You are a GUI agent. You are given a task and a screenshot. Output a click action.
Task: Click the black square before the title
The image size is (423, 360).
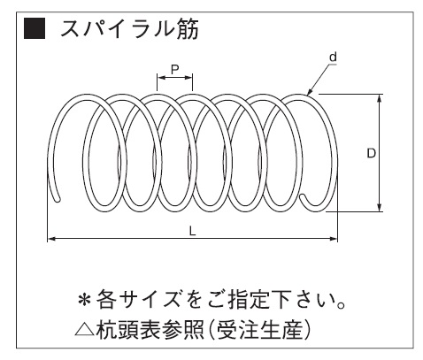pos(35,28)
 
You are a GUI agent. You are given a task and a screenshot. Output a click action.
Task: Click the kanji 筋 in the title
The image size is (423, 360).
pos(188,29)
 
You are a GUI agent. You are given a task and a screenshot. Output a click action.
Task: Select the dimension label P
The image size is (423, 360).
pos(175,69)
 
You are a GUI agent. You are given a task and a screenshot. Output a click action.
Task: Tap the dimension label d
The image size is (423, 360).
pos(333,57)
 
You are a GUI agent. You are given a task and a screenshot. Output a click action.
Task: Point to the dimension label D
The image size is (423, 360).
pos(371,153)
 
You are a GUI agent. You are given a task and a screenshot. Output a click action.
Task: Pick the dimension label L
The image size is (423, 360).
pos(192,231)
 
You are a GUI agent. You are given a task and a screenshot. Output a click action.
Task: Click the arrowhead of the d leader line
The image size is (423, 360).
pos(309,93)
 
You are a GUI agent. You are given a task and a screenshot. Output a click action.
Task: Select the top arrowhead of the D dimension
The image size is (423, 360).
pos(380,98)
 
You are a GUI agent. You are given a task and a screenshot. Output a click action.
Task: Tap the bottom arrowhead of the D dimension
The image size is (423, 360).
pos(380,208)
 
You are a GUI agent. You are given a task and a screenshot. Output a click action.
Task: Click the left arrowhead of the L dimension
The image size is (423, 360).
pos(51,239)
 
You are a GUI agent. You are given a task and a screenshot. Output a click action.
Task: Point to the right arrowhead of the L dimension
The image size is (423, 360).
pos(333,239)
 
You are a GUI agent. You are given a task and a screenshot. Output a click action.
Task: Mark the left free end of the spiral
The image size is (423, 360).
pos(58,200)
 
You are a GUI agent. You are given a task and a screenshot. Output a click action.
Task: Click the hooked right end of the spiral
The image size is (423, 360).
pos(302,197)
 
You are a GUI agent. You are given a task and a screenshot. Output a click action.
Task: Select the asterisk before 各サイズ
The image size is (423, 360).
pos(85,300)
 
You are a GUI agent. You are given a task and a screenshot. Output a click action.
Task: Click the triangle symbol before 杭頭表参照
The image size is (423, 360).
pos(85,329)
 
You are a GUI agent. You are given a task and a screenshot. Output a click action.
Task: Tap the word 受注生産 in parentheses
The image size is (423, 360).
pos(259,329)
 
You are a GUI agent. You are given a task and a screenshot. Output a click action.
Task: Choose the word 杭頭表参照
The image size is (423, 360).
pos(150,329)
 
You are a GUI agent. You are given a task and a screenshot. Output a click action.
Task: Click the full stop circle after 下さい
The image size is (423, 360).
pos(341,305)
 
